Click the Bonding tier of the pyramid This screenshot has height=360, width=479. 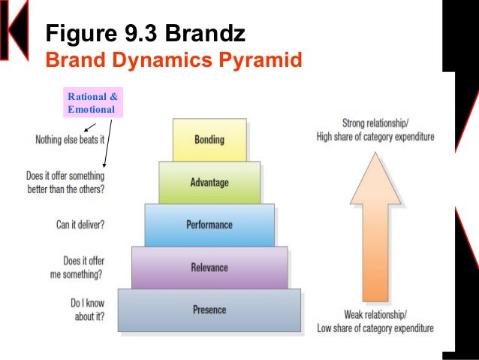pos(209,140)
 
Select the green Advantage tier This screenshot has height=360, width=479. pos(209,183)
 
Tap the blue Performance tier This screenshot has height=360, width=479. pos(209,225)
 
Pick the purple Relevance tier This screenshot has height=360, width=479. pos(209,267)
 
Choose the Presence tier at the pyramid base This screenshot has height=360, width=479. pos(209,310)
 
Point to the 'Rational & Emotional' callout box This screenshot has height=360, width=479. pos(92,103)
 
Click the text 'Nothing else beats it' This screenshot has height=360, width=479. pos(69,140)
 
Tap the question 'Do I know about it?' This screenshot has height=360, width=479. pos(87,310)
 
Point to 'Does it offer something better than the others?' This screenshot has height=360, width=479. pos(65,183)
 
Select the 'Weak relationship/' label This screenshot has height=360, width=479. pos(375,314)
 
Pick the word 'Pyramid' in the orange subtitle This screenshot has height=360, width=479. pos(264,59)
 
